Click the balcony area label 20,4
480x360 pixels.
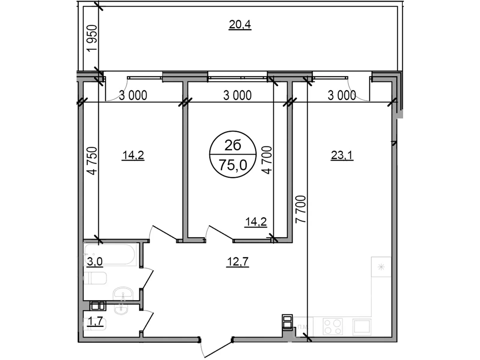(x=240, y=25)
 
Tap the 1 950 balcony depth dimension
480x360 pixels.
(x=92, y=38)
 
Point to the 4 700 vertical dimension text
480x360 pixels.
(x=267, y=160)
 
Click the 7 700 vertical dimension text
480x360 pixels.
(x=301, y=209)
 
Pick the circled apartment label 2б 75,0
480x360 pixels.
(x=233, y=154)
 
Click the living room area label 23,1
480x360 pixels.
(x=342, y=155)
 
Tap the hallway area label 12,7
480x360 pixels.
(x=237, y=262)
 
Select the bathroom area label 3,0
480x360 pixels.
(x=94, y=262)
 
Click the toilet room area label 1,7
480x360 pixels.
(x=95, y=322)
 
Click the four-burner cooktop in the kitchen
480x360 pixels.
(x=333, y=327)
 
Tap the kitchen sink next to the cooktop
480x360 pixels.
(x=362, y=327)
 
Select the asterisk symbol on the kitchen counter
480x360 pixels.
(x=381, y=267)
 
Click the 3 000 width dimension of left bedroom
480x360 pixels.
(x=133, y=95)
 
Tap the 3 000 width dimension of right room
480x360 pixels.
(x=342, y=95)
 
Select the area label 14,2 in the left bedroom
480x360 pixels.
(x=133, y=155)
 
